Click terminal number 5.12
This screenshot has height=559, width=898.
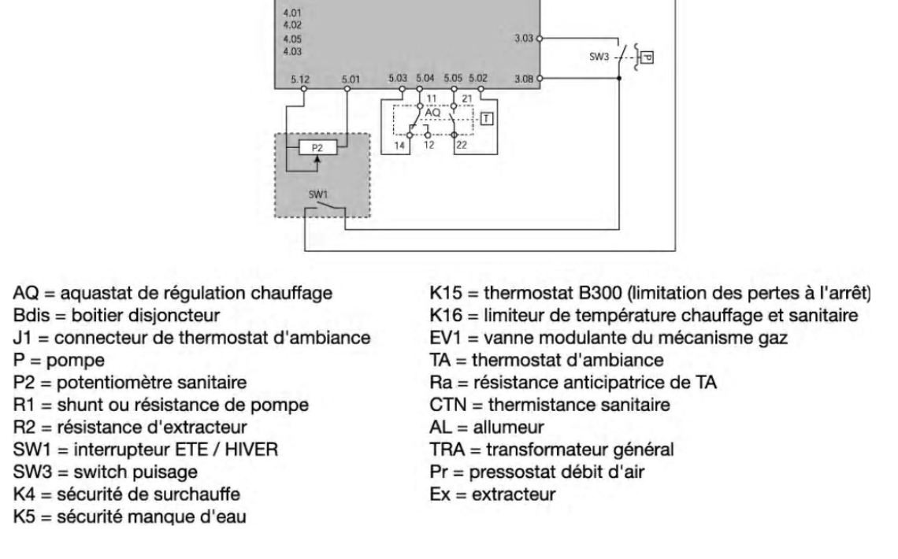(299, 79)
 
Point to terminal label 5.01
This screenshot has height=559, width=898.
(350, 79)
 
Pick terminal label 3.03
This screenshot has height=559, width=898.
(523, 37)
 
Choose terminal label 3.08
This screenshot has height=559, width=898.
(523, 78)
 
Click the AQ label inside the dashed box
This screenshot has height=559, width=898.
(432, 113)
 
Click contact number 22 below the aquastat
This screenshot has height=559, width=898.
(462, 146)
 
